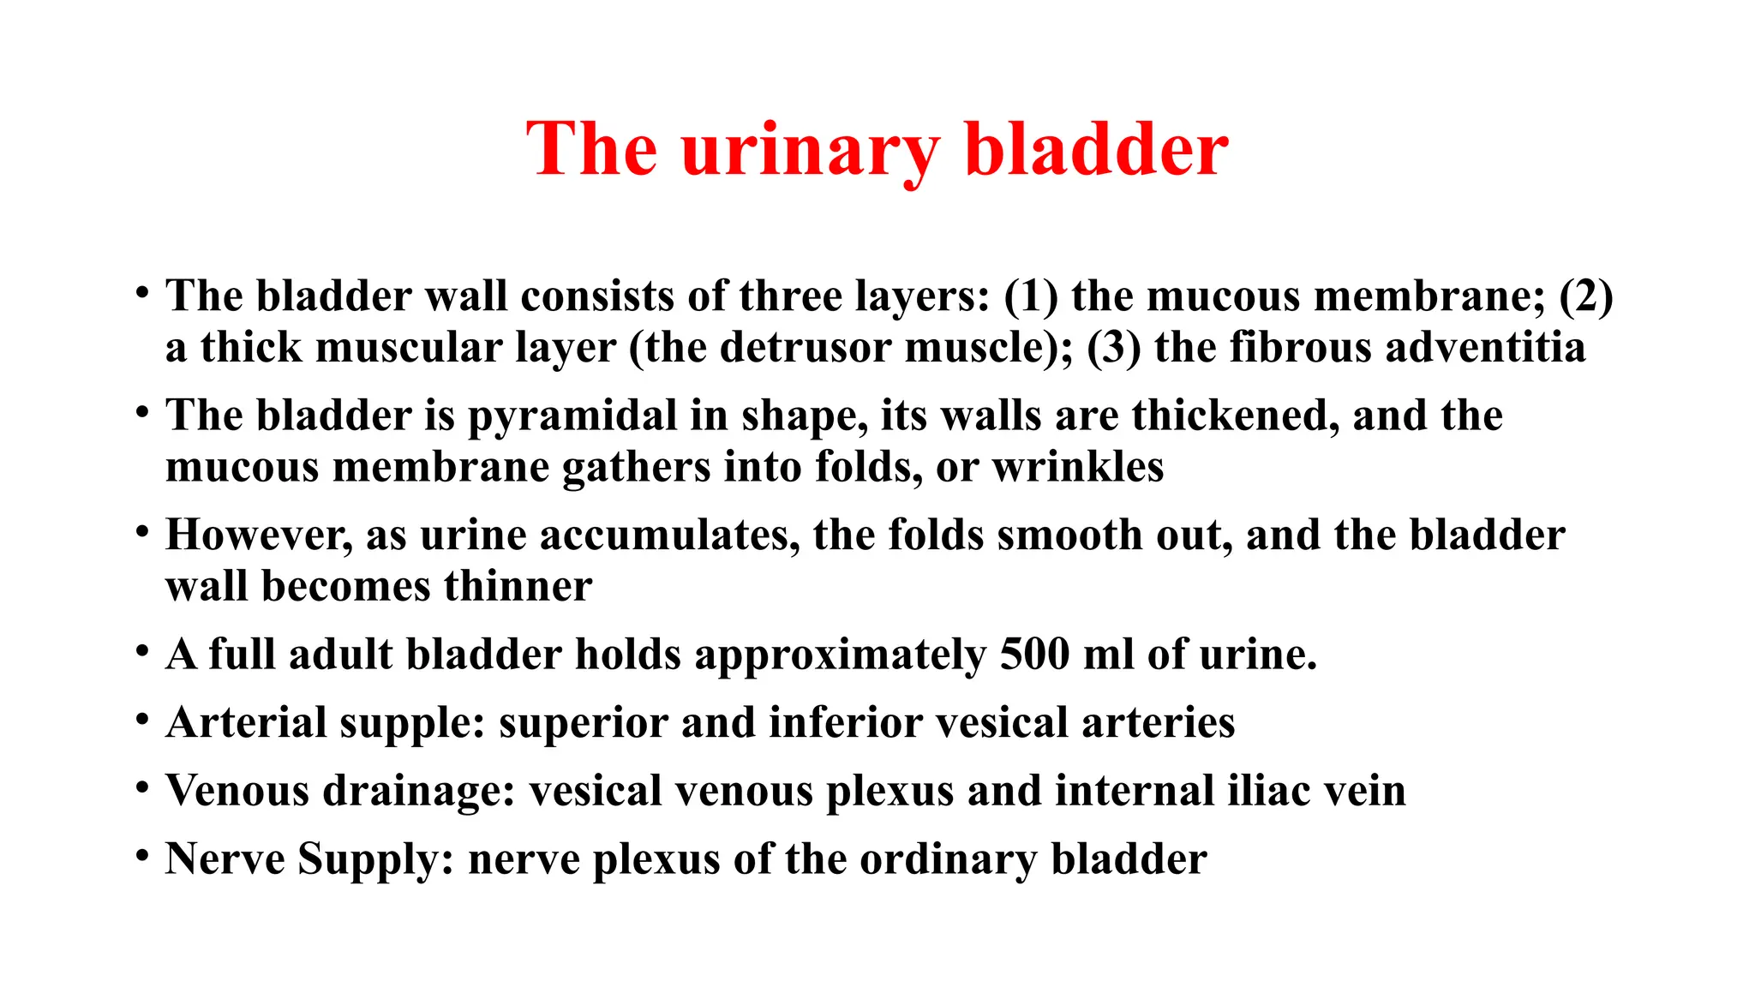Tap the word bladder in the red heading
1096,150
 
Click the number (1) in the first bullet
1030,296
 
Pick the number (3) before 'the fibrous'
1113,348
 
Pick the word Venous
237,791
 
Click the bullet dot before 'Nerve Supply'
142,855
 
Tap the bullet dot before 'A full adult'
142,650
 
